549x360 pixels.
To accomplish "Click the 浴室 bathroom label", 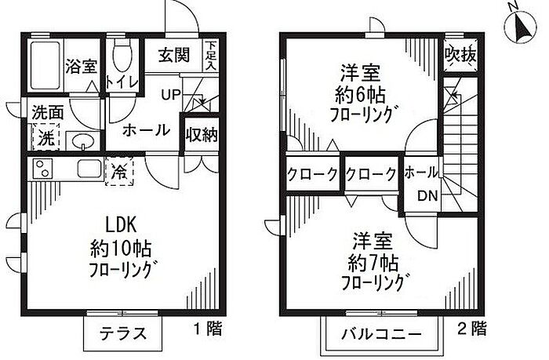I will [81, 66].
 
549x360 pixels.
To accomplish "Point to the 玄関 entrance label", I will [173, 56].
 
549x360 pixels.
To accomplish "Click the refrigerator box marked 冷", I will [120, 169].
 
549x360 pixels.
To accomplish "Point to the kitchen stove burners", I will [41, 169].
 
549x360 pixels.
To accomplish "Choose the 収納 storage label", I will [201, 134].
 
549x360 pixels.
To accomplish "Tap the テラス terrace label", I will [122, 333].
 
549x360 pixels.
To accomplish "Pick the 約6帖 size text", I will [360, 99].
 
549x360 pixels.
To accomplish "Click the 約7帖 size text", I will [372, 260].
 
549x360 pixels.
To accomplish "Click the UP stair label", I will [172, 96].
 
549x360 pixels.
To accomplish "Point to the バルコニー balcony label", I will [380, 333].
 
